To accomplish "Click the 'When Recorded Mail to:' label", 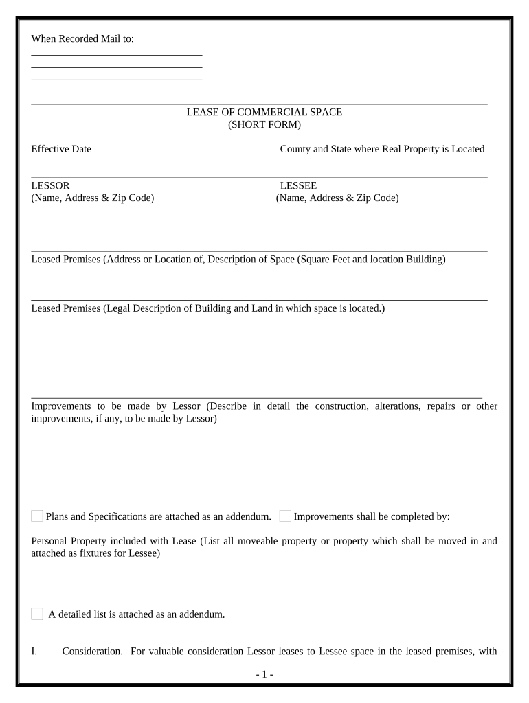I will (82, 39).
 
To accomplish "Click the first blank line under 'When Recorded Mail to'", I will (117, 54).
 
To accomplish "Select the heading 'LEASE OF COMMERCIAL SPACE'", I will (264, 112).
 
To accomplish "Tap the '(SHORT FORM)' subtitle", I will (264, 124).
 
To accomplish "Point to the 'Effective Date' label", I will (61, 149).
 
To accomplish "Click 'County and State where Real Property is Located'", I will (382, 149).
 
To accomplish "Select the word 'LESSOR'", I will (50, 185).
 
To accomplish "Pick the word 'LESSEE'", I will (298, 185).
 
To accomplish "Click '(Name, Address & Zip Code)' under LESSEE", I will (337, 198).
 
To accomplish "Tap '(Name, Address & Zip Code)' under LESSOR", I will (93, 198).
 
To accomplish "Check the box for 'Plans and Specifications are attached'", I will (37, 516).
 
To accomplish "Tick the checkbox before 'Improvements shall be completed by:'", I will (285, 516).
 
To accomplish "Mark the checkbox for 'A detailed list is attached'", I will (37, 614).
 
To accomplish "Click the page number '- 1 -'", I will (264, 675).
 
